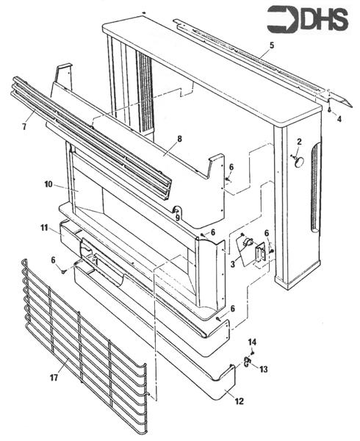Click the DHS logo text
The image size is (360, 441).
tap(308, 19)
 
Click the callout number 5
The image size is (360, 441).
tap(272, 46)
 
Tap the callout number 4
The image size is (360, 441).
tap(339, 119)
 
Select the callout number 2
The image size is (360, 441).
tap(299, 142)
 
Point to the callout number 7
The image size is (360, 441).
tap(24, 126)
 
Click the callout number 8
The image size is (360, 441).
tap(179, 139)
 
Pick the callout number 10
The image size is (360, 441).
tap(48, 184)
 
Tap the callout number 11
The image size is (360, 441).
tap(44, 228)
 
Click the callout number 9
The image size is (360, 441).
tap(177, 218)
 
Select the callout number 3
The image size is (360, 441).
tap(233, 265)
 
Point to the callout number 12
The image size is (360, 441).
tap(239, 401)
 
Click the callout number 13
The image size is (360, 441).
tap(263, 369)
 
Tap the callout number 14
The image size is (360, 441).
tap(252, 343)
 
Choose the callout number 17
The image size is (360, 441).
tap(54, 378)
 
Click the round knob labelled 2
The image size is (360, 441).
tap(299, 162)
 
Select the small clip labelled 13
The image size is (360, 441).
tap(246, 361)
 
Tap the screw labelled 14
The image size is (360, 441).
tap(252, 352)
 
